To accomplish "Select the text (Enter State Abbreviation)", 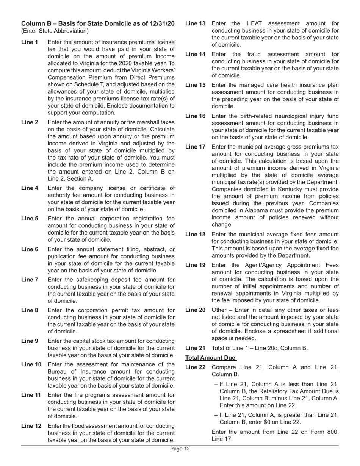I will pos(55,31).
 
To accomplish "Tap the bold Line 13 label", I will pos(195,23).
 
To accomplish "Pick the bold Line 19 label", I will pos(195,265).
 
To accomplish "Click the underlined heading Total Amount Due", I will pos(211,358).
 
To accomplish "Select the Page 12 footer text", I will pos(180,449).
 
